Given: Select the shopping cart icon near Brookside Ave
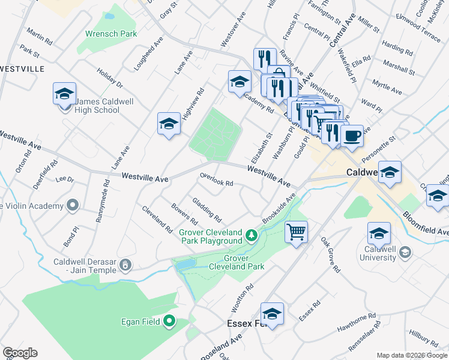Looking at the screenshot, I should point(297,231).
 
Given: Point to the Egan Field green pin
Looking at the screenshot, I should point(169,322).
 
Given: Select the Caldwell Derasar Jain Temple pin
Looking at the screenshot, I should point(125,263).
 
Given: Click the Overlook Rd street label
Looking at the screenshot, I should point(216,179).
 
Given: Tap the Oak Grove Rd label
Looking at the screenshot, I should point(330,250).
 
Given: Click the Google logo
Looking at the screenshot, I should point(20,353).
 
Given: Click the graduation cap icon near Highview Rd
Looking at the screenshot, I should point(169,124).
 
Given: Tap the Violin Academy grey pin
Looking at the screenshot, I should point(73,206).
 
